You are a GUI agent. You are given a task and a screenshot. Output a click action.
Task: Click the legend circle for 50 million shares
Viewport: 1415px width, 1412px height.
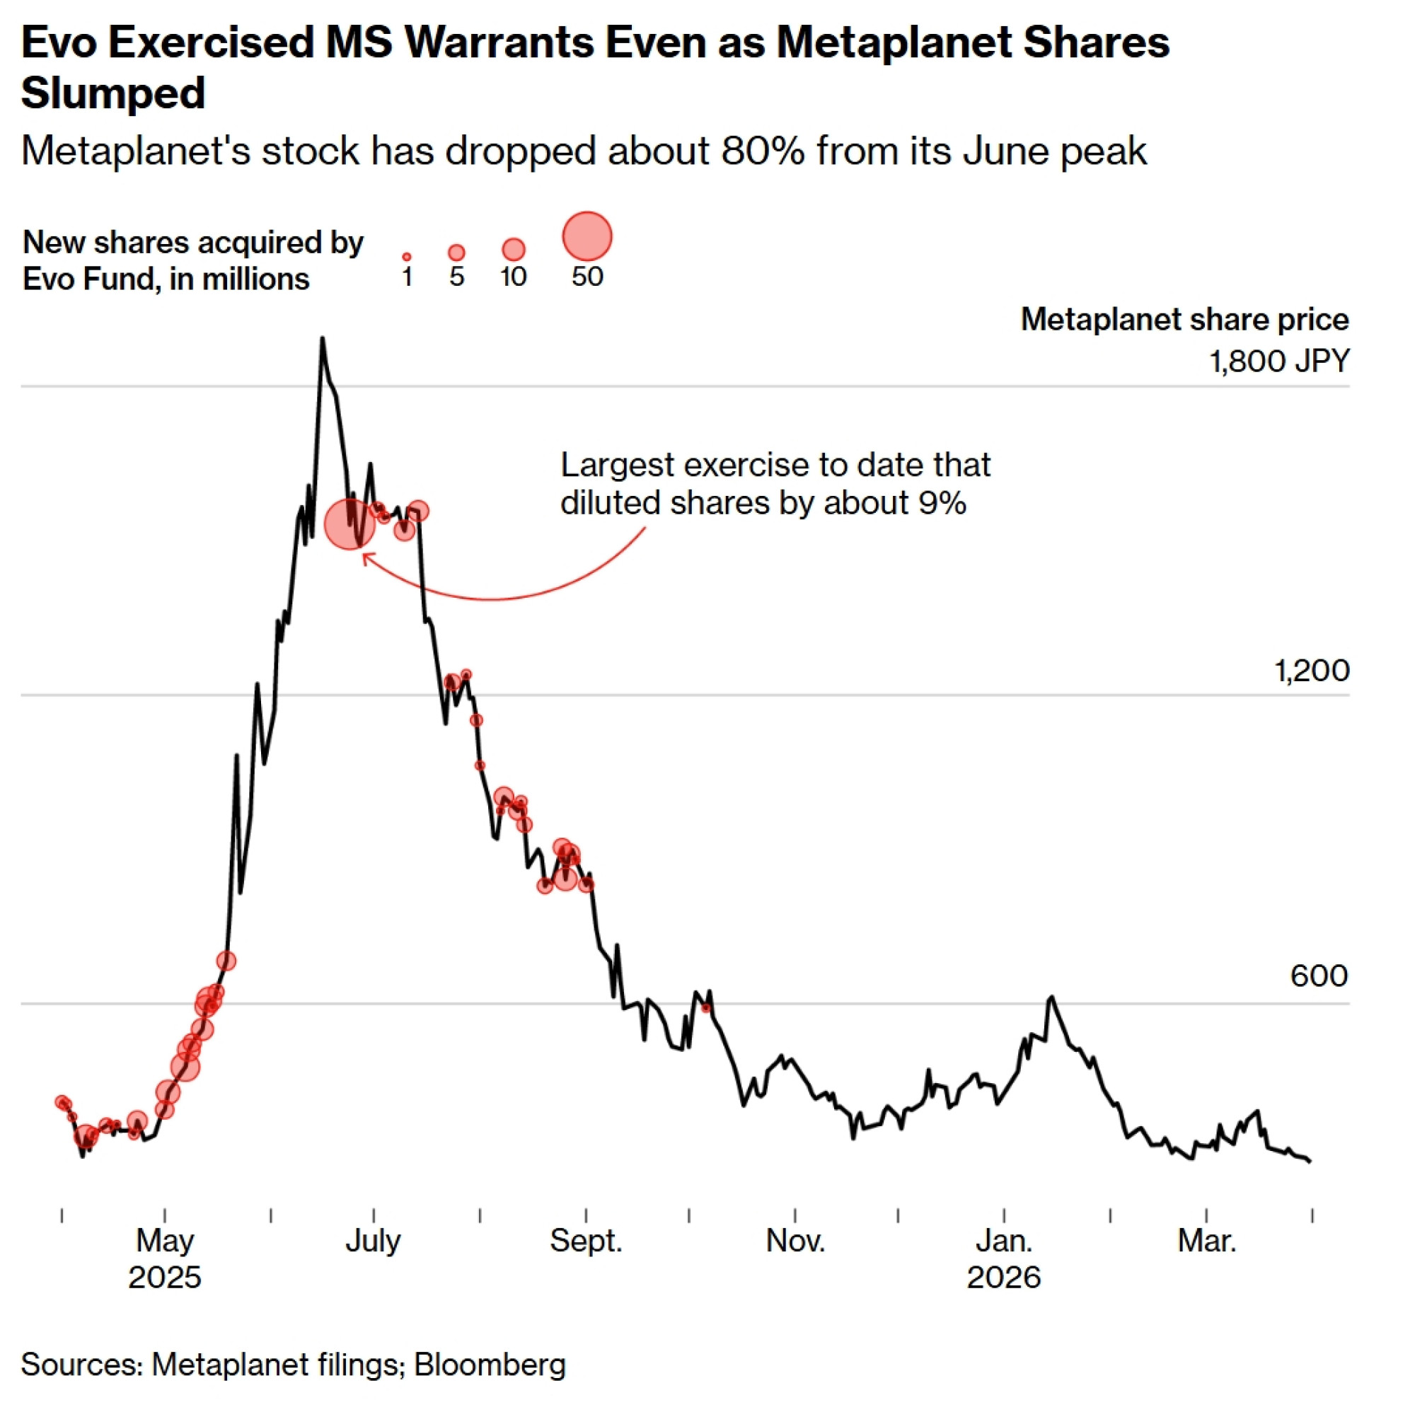(587, 236)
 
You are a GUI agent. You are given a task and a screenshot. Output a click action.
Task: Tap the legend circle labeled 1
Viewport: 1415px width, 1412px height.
(407, 257)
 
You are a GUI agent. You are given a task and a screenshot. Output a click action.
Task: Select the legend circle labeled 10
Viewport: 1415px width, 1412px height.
(514, 250)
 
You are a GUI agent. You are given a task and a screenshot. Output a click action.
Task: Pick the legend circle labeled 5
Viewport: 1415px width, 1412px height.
(456, 253)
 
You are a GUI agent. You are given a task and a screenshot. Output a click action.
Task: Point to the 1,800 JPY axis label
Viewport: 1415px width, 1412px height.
(1278, 361)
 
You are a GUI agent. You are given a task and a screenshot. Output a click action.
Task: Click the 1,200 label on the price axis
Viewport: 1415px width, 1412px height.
(1311, 671)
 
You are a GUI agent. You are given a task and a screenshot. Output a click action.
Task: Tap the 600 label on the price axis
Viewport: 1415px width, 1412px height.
(1318, 976)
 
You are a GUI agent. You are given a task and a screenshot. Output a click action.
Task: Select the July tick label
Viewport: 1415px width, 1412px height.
(373, 1241)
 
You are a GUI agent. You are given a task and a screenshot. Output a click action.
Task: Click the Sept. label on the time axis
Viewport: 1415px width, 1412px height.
(586, 1241)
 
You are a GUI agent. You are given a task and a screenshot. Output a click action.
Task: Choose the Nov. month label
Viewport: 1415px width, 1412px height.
(795, 1241)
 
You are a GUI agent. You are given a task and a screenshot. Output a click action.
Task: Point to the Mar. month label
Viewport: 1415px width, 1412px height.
(1206, 1241)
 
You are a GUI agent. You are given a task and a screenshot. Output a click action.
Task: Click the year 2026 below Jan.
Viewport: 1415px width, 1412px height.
(1003, 1278)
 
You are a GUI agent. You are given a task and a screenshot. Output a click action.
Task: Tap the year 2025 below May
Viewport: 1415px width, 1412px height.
(165, 1278)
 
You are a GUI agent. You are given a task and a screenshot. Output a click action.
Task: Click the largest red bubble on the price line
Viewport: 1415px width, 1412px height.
(350, 523)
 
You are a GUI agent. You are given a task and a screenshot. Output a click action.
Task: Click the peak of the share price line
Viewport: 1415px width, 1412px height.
(322, 339)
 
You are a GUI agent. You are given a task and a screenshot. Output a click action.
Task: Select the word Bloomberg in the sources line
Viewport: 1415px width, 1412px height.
(490, 1365)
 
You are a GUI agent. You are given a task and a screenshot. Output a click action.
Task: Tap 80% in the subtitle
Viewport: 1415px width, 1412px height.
(762, 151)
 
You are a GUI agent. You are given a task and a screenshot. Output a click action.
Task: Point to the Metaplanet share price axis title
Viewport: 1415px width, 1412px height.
(1184, 319)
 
